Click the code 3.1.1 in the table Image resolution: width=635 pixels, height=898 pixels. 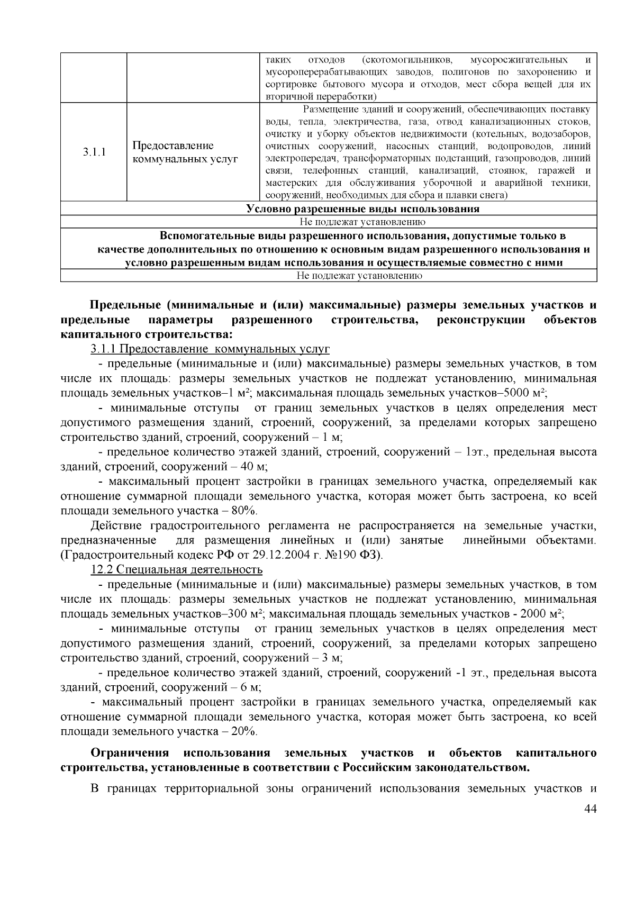pyautogui.click(x=94, y=152)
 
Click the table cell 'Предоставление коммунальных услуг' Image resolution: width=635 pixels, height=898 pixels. pyautogui.click(x=185, y=152)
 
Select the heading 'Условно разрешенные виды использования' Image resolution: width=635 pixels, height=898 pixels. pyautogui.click(x=363, y=209)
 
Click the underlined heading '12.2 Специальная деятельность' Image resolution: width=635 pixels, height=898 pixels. pyautogui.click(x=177, y=570)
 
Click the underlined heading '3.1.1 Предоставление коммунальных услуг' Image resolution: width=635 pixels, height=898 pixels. pyautogui.click(x=210, y=349)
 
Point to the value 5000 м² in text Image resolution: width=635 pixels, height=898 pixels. pyautogui.click(x=524, y=393)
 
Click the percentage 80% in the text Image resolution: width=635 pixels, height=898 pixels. pyautogui.click(x=244, y=511)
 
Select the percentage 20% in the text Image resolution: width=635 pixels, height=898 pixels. pyautogui.click(x=244, y=732)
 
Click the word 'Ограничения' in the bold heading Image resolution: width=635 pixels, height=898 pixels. pyautogui.click(x=130, y=753)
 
